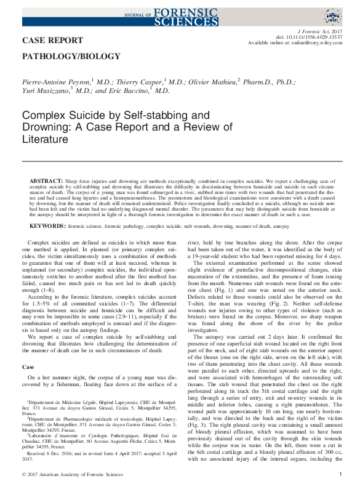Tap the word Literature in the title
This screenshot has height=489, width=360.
tap(45, 140)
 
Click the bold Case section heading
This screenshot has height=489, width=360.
tap(28, 366)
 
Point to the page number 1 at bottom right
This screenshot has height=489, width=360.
tap(340, 474)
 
